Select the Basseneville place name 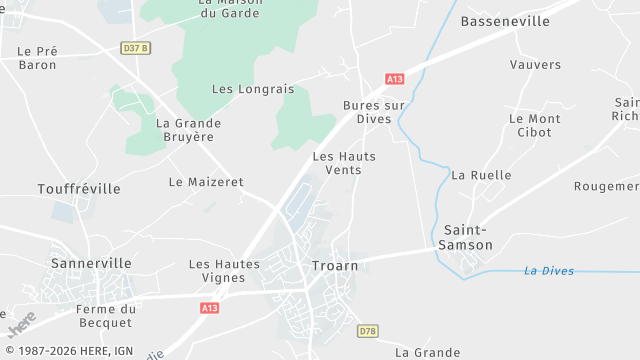[x=505, y=21]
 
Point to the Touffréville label [x=78, y=189]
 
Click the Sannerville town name [x=91, y=263]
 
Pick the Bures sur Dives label [x=373, y=111]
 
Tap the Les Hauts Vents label [x=337, y=163]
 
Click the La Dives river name [x=549, y=271]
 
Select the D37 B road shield [x=135, y=48]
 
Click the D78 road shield [x=368, y=330]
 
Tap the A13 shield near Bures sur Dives [x=394, y=78]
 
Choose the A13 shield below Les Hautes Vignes [x=209, y=308]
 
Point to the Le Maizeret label [x=206, y=182]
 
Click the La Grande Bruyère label [x=189, y=130]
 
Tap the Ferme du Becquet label [x=104, y=316]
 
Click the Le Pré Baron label [x=38, y=58]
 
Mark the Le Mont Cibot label [x=535, y=125]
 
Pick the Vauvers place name [x=535, y=65]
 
